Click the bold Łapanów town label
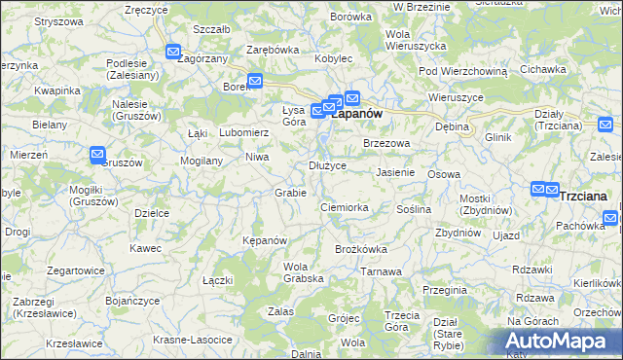click(x=357, y=114)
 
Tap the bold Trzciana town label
click(x=584, y=196)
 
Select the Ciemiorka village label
click(x=344, y=207)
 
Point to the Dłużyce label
click(x=328, y=165)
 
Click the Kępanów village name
click(x=264, y=240)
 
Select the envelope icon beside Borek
click(x=255, y=82)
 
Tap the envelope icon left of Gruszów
click(x=97, y=154)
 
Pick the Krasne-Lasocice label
click(x=193, y=341)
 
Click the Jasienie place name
click(x=395, y=172)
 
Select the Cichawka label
click(x=543, y=70)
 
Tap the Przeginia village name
click(x=445, y=290)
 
